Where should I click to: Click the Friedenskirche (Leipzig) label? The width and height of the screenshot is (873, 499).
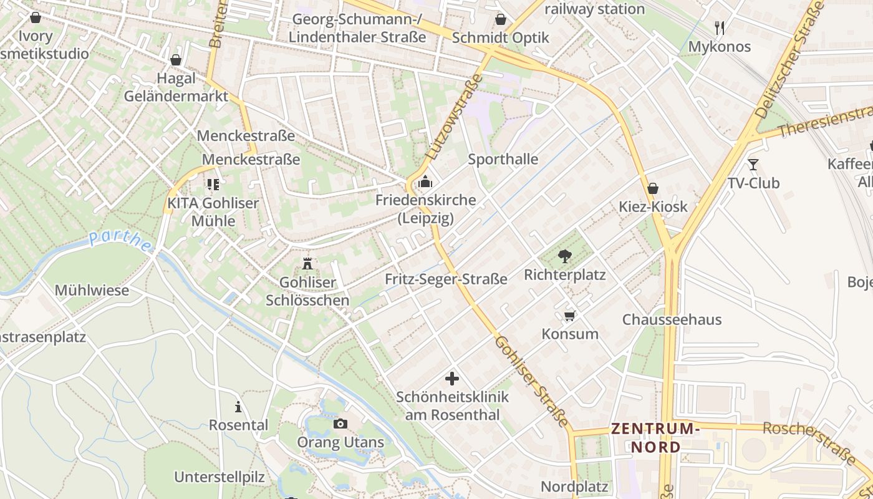tap(425, 210)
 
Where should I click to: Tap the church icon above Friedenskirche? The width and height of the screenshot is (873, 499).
tap(425, 182)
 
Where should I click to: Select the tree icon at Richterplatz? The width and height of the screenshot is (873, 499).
tap(565, 255)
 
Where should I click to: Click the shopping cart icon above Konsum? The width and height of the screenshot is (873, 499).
tap(569, 316)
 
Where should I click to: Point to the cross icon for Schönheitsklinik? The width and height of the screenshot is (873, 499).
tap(452, 378)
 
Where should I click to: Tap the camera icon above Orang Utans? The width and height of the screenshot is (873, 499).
tap(340, 424)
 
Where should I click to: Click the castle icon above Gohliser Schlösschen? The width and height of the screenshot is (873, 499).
tap(307, 263)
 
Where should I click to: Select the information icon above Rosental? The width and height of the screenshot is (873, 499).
tap(238, 407)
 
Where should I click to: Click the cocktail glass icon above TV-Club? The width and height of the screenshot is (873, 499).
tap(753, 164)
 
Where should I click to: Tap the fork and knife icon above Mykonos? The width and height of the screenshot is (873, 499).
tap(720, 27)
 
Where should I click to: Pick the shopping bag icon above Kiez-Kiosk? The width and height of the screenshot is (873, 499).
tap(653, 188)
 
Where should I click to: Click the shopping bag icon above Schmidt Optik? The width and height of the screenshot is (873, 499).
tap(500, 19)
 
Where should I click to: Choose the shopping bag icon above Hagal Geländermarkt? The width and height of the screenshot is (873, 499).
tap(176, 60)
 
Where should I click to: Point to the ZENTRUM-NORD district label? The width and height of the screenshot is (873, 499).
tap(655, 438)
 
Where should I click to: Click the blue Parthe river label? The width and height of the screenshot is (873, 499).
tap(120, 241)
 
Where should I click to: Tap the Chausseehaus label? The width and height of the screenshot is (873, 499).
tap(672, 319)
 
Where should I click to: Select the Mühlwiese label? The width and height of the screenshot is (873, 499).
tap(92, 291)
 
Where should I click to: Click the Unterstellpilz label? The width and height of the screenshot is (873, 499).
tap(219, 477)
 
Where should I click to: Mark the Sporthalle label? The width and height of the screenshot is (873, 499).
tap(503, 159)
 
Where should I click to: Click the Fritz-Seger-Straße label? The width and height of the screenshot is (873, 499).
tap(446, 279)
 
